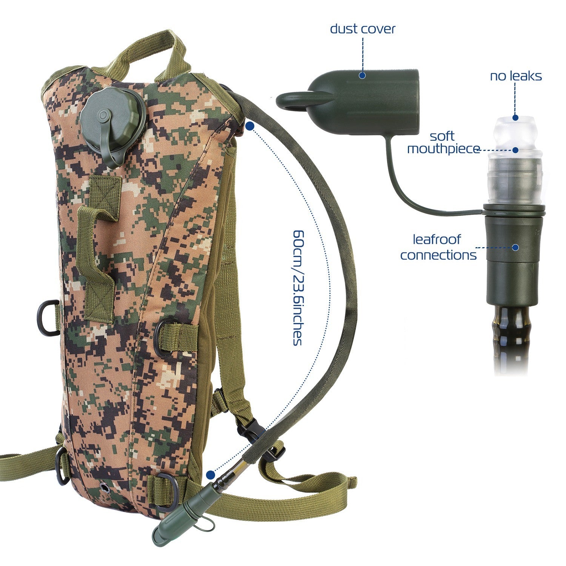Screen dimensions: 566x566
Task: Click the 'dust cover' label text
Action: tap(362, 29)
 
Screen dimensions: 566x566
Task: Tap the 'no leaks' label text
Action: tap(515, 76)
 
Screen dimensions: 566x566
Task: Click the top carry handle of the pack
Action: tap(151, 49)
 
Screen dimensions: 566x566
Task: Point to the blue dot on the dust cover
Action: tap(362, 75)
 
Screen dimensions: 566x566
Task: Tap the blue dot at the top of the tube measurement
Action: tap(249, 126)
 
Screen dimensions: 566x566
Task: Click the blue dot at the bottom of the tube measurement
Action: tap(210, 474)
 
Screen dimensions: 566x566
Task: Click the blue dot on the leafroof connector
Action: tap(515, 248)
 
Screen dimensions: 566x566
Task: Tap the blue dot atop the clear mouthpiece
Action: tap(515, 118)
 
